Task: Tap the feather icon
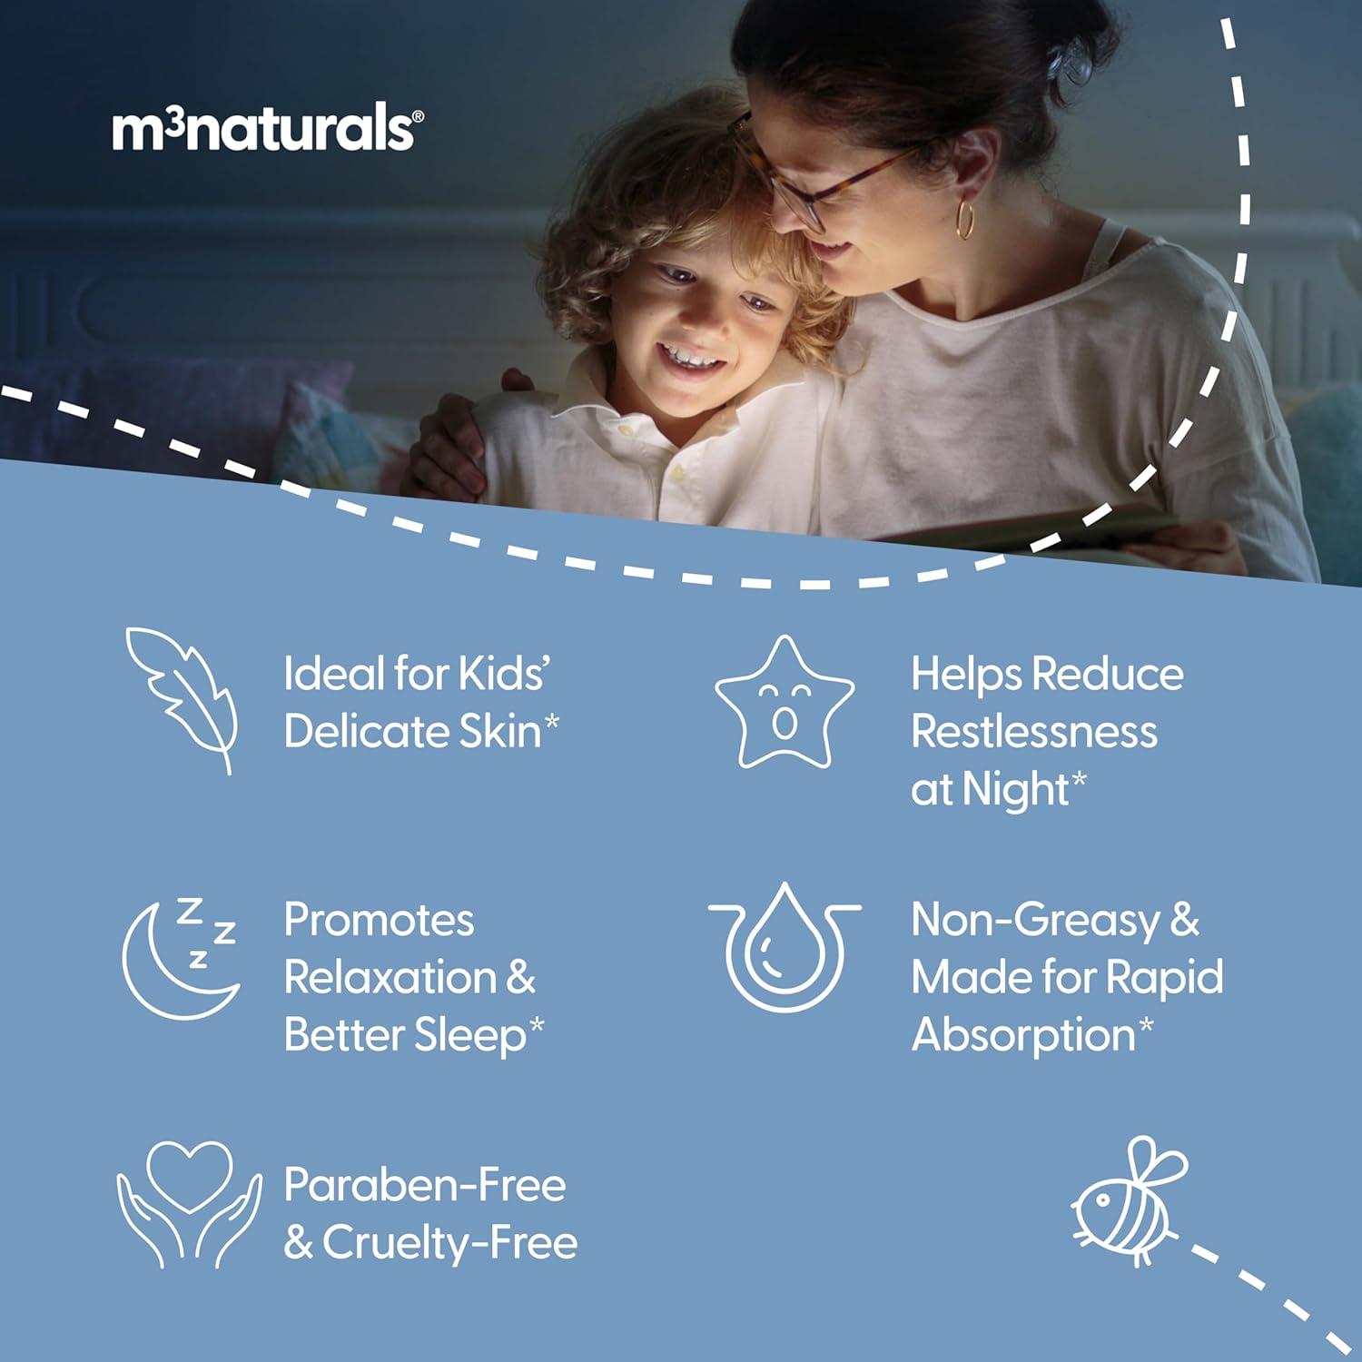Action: click(x=182, y=699)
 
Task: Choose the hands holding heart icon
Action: click(x=189, y=1204)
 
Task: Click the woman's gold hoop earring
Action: click(x=965, y=220)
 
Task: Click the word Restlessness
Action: click(x=1034, y=732)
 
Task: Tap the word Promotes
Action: click(x=379, y=920)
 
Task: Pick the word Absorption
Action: click(x=1023, y=1035)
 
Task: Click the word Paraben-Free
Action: click(x=425, y=1185)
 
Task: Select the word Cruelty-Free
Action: click(x=449, y=1243)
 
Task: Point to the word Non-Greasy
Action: click(x=1035, y=921)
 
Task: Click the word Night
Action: click(x=1015, y=789)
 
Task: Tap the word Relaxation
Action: click(x=390, y=978)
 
